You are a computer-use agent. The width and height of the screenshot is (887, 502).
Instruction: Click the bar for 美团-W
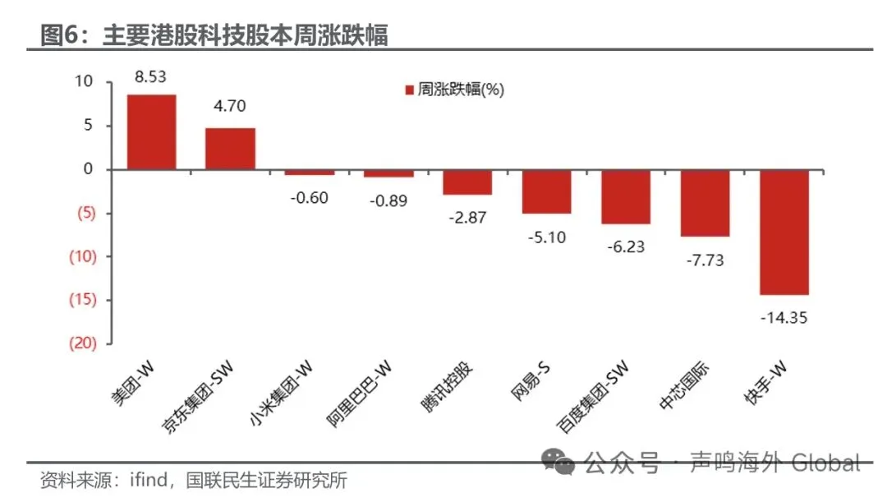[151, 132]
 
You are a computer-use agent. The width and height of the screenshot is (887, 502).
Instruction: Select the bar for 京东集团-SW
[230, 149]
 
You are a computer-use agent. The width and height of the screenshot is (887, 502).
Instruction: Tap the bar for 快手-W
[784, 232]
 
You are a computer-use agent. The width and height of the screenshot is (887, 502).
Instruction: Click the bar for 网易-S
[546, 191]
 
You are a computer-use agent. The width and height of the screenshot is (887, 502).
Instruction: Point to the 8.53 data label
[151, 77]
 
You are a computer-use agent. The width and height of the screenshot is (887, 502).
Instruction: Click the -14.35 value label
[784, 316]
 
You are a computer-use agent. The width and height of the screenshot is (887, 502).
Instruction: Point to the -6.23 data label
[626, 246]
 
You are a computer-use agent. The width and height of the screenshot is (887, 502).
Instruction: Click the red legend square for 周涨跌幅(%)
[408, 90]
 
